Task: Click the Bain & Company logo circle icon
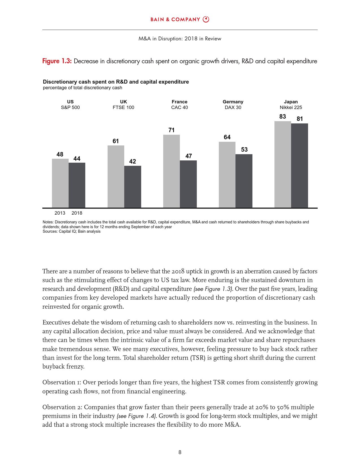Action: pyautogui.click(x=206, y=19)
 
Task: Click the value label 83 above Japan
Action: pyautogui.click(x=282, y=117)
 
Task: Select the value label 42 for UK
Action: pyautogui.click(x=132, y=162)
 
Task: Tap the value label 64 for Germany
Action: pyautogui.click(x=227, y=137)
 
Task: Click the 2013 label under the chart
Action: pyautogui.click(x=60, y=213)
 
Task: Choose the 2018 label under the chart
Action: pyautogui.click(x=77, y=213)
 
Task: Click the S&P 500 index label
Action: pyautogui.click(x=70, y=107)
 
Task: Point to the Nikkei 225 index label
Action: pyautogui.click(x=291, y=107)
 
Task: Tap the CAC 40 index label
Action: pyautogui.click(x=180, y=107)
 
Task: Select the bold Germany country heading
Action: pyautogui.click(x=233, y=102)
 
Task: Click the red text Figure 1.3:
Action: pyautogui.click(x=57, y=61)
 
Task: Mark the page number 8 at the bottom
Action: pyautogui.click(x=180, y=452)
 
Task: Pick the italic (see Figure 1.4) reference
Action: pyautogui.click(x=137, y=416)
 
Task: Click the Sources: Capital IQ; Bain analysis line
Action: pyautogui.click(x=71, y=231)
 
